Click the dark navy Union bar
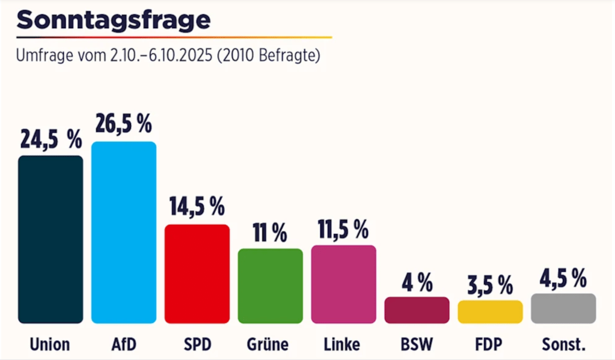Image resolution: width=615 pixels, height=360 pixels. coord(50,239)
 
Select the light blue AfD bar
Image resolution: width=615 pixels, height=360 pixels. coord(124,233)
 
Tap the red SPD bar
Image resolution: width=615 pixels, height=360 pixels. coord(197,273)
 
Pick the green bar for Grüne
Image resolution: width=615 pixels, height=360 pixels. coord(271,285)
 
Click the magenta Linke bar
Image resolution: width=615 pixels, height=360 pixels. coord(343,284)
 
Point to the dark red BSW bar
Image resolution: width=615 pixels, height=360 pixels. coord(417,310)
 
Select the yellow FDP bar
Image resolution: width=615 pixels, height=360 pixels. coord(490,312)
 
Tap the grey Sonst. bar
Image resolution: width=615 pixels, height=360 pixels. coord(563,308)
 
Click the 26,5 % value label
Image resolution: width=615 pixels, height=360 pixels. coord(124,124)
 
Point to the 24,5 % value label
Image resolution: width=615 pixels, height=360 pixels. coord(50,139)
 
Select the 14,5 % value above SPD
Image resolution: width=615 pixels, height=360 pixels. coord(197,206)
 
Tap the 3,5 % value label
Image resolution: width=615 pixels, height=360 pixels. coord(490,284)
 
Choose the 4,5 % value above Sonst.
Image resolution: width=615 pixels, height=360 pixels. coord(563,278)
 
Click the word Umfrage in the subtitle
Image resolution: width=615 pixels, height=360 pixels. coord(43,56)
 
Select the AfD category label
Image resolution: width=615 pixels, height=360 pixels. coord(124,344)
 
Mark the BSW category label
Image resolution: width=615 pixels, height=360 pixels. coord(417,344)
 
